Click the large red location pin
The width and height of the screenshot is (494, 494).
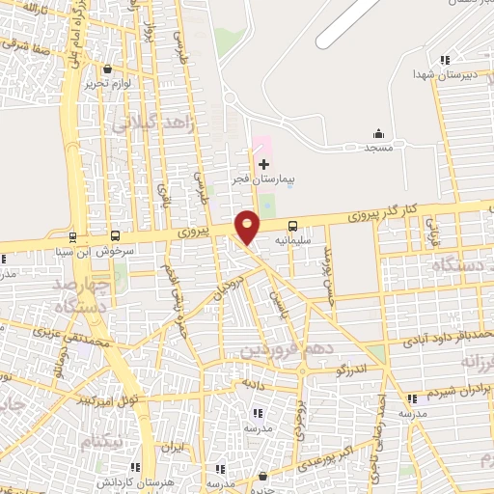point(248,226)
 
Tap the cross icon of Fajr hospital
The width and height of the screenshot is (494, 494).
point(264,165)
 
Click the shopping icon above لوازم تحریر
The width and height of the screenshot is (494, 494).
point(107,68)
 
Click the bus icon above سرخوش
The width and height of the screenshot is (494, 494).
point(116,234)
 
